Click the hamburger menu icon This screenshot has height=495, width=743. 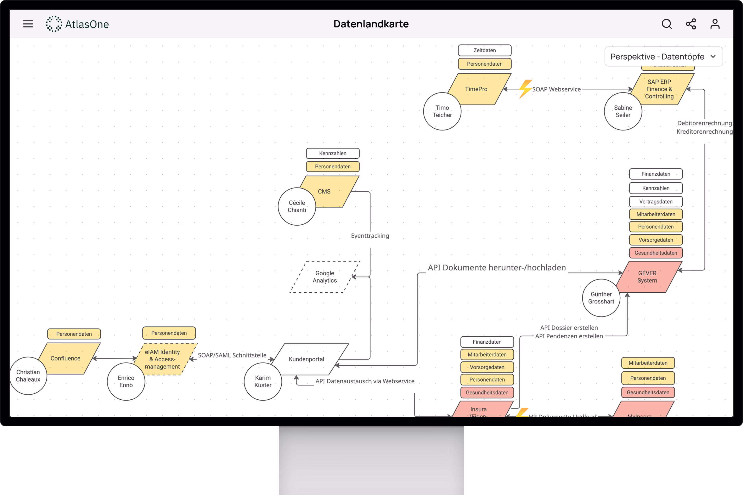click(28, 24)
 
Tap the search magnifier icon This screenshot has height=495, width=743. click(667, 24)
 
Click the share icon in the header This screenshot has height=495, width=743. click(691, 24)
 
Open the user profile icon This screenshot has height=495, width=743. click(715, 24)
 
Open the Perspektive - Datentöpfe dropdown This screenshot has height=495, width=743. click(663, 56)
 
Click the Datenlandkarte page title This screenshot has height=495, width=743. click(371, 24)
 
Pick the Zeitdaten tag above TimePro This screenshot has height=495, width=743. click(485, 50)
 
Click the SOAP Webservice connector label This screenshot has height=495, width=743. click(556, 89)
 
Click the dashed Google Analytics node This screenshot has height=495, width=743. click(325, 277)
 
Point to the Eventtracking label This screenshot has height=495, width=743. click(370, 236)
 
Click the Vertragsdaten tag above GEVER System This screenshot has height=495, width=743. click(656, 201)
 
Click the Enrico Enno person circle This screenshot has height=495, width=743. click(126, 382)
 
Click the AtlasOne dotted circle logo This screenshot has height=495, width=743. click(54, 24)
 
